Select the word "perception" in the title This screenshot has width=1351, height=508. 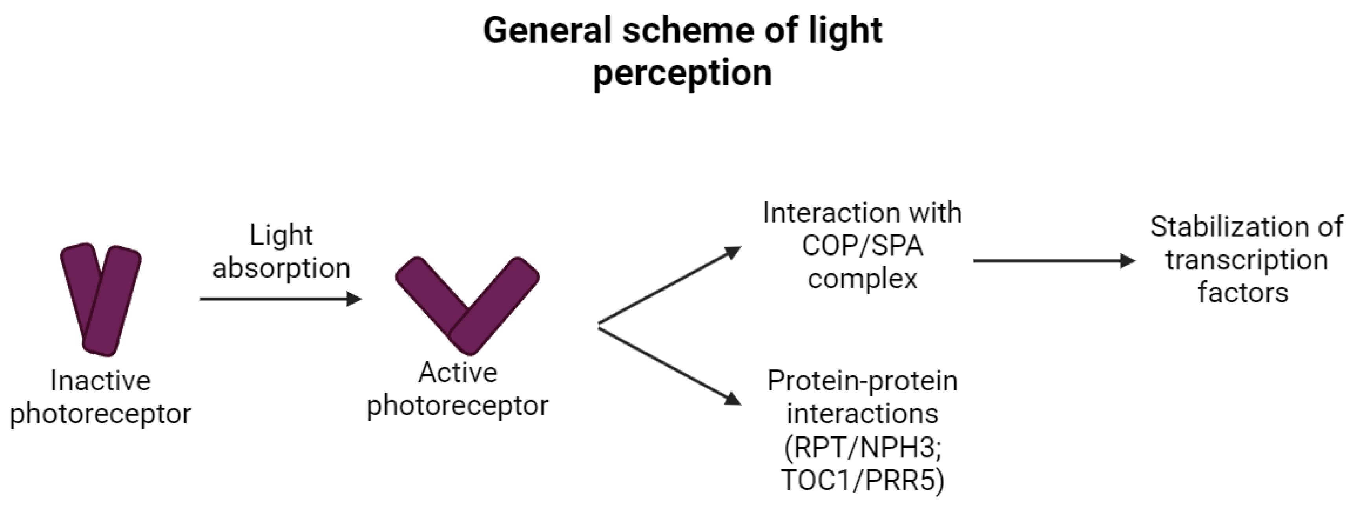[682, 73]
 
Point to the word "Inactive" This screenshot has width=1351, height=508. [101, 381]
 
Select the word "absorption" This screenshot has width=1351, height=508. [281, 269]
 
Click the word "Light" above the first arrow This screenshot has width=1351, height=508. [281, 235]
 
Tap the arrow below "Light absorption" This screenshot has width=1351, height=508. [281, 299]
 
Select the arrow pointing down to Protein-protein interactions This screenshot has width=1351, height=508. [670, 366]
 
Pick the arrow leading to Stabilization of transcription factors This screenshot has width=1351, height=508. [1054, 260]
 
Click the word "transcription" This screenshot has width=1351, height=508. [1246, 260]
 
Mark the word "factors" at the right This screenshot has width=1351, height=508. [1243, 292]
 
